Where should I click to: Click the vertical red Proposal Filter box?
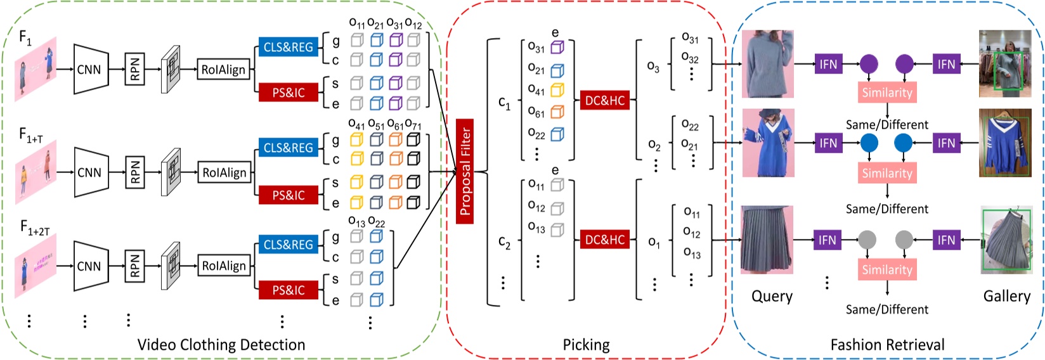(x=465, y=172)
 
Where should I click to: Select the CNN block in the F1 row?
(x=89, y=69)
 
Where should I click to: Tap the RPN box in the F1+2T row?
(x=134, y=266)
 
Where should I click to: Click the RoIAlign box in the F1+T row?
(x=224, y=172)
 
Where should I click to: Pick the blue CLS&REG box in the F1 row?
(x=288, y=48)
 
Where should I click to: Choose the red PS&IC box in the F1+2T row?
(x=288, y=290)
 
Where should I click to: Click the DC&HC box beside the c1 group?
(x=604, y=100)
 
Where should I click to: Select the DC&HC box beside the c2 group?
(x=604, y=240)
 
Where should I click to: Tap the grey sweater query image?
(x=767, y=64)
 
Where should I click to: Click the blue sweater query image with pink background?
(x=767, y=143)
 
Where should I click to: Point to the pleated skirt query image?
(x=767, y=240)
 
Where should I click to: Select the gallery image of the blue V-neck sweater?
(x=1005, y=143)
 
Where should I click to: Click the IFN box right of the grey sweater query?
(x=828, y=64)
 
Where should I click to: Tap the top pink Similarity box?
(x=886, y=93)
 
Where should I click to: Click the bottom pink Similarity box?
(x=886, y=270)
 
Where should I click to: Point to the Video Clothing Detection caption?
(x=221, y=345)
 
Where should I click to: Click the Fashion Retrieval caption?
(x=887, y=345)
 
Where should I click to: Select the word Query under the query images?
(x=772, y=297)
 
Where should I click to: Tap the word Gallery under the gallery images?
(x=1006, y=297)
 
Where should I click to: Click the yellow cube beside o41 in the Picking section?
(x=557, y=91)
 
